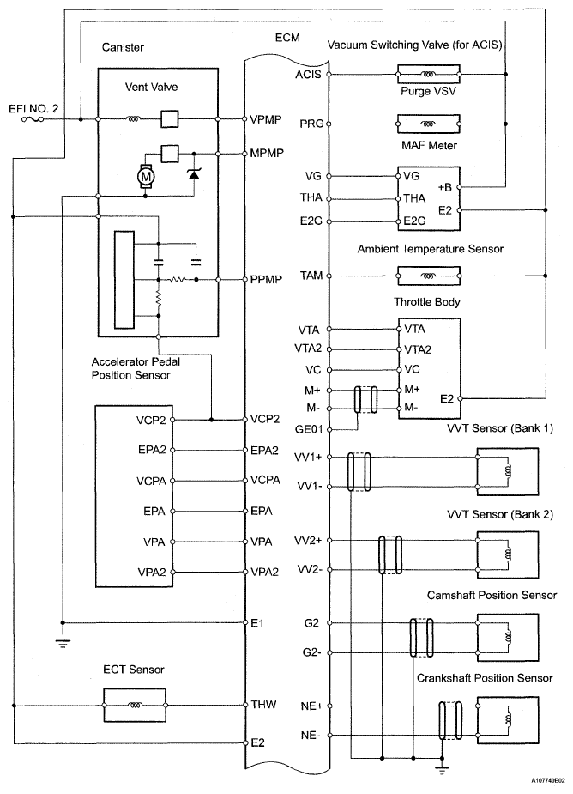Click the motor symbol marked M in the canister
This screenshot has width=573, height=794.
(x=143, y=176)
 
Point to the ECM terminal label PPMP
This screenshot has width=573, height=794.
(x=264, y=279)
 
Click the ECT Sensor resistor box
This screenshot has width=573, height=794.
(x=134, y=706)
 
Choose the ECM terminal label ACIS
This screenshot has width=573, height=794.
(x=306, y=75)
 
